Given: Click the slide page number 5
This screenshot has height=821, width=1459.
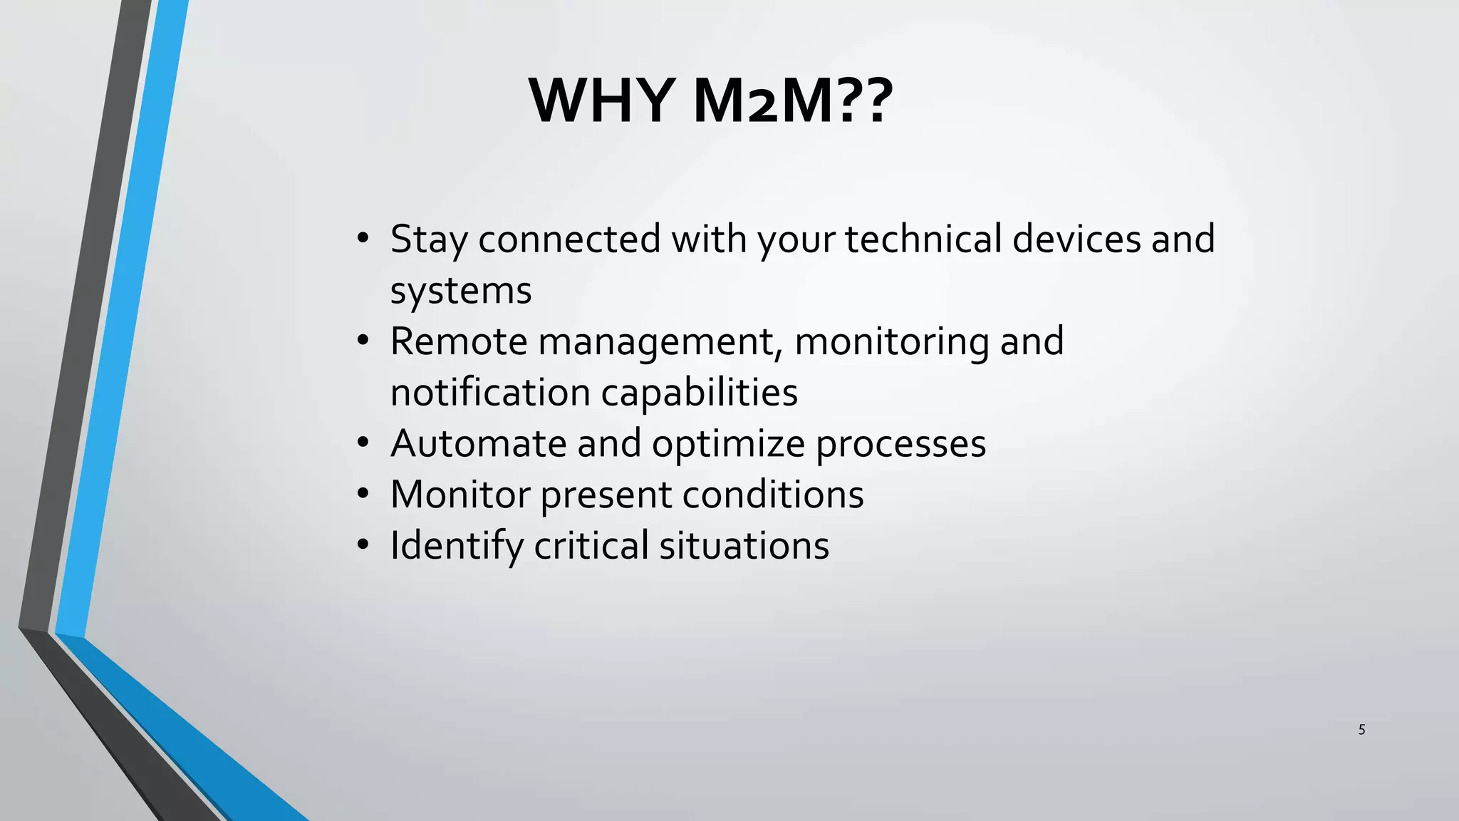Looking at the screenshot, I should coord(1361,730).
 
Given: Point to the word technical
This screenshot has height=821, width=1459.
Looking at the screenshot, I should coord(923,239).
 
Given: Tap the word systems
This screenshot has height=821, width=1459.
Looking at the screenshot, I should coord(461,291).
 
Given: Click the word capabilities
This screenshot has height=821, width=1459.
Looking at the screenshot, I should coord(699,393).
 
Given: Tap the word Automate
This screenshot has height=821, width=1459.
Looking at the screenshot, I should coord(478,444).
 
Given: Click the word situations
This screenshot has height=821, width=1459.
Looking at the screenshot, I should coord(744,546).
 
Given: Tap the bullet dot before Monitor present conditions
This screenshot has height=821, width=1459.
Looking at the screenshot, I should coord(363,494).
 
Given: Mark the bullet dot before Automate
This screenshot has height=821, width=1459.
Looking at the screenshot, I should coord(363,443).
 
